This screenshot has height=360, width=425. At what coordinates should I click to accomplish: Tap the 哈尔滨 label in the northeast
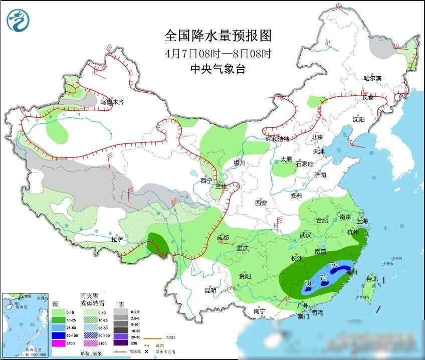pos(372,79)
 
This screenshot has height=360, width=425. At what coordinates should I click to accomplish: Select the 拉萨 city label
pos(117,239)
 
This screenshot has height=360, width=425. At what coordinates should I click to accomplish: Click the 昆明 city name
pos(210,290)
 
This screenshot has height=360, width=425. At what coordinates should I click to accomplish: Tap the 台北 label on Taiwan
pos(371,279)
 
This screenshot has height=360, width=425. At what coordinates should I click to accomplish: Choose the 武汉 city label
pos(305,235)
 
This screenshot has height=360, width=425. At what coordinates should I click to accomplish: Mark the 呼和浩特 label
pos(278,139)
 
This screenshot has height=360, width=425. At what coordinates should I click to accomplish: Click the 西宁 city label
pos(206,181)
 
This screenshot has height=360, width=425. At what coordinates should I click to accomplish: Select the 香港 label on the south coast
pos(317,313)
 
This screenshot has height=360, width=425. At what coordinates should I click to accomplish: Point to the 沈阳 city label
pos(358,119)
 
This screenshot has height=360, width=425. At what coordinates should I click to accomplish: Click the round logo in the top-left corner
pos(18,20)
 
